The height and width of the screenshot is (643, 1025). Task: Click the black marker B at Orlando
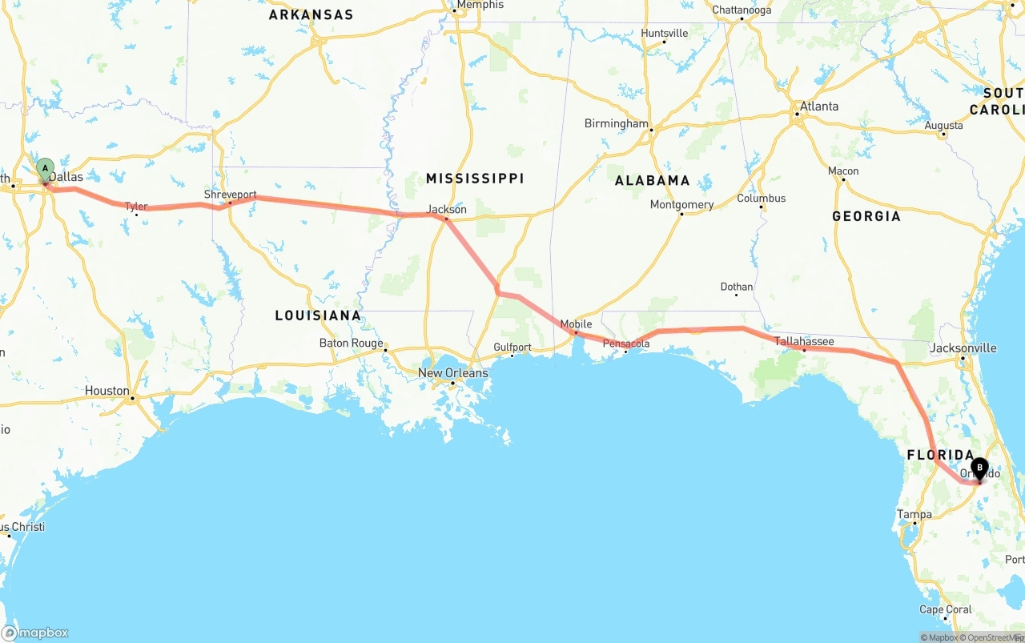pyautogui.click(x=979, y=468)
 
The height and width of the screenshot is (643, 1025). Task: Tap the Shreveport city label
pyautogui.click(x=230, y=195)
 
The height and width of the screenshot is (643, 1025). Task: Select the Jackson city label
pyautogui.click(x=447, y=209)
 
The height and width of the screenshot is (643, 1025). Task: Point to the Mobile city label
pyautogui.click(x=576, y=324)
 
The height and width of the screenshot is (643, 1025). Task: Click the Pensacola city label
pyautogui.click(x=626, y=344)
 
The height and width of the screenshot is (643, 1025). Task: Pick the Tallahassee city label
pyautogui.click(x=804, y=342)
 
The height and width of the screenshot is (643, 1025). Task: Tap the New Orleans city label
pyautogui.click(x=452, y=373)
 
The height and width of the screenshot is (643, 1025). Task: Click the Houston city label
pyautogui.click(x=107, y=391)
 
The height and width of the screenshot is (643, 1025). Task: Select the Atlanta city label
pyautogui.click(x=819, y=106)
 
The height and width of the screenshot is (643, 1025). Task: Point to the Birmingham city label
pyautogui.click(x=617, y=124)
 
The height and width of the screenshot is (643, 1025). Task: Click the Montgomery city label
pyautogui.click(x=681, y=205)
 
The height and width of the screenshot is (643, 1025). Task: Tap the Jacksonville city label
pyautogui.click(x=963, y=348)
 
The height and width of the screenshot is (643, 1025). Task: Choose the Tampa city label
pyautogui.click(x=914, y=515)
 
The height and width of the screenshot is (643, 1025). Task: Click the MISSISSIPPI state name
pyautogui.click(x=475, y=179)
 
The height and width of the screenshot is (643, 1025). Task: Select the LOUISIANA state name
pyautogui.click(x=318, y=315)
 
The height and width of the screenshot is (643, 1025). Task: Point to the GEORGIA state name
pyautogui.click(x=866, y=216)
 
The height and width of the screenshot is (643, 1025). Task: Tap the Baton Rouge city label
pyautogui.click(x=351, y=344)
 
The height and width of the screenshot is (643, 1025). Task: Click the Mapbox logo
pyautogui.click(x=35, y=633)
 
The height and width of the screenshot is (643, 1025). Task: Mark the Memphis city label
pyautogui.click(x=480, y=5)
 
